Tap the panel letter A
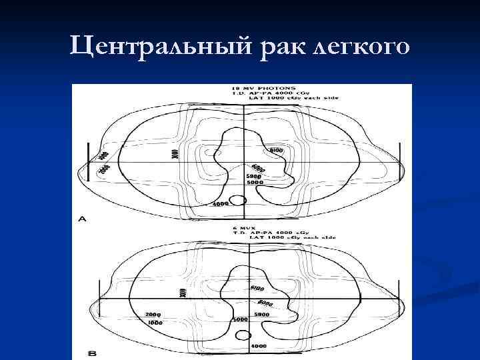81,219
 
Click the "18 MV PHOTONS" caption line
262,87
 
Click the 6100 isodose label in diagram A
276,151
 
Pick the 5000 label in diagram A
255,182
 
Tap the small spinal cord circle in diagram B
241,335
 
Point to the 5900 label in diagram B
261,314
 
